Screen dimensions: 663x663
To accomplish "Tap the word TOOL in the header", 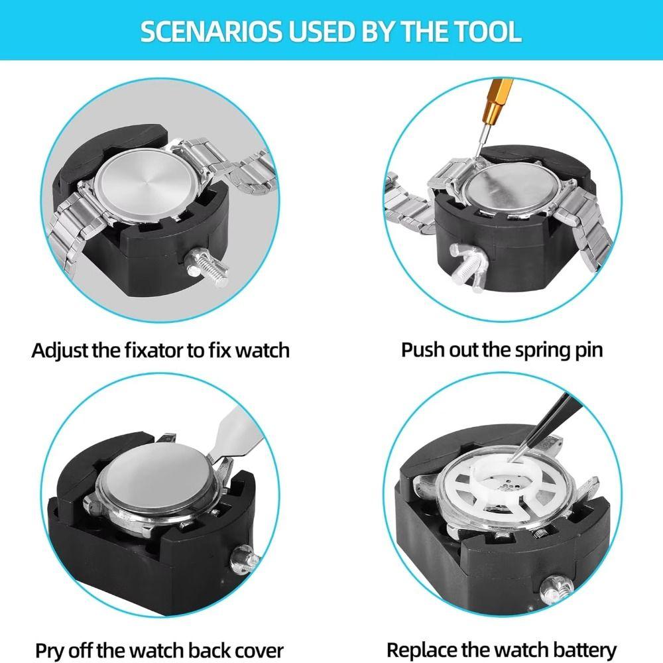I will [x=489, y=32].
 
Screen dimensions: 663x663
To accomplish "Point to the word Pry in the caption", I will [x=50, y=650].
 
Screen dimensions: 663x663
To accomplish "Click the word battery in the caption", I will [x=584, y=650].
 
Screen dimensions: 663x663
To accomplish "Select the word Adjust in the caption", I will [x=59, y=350].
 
